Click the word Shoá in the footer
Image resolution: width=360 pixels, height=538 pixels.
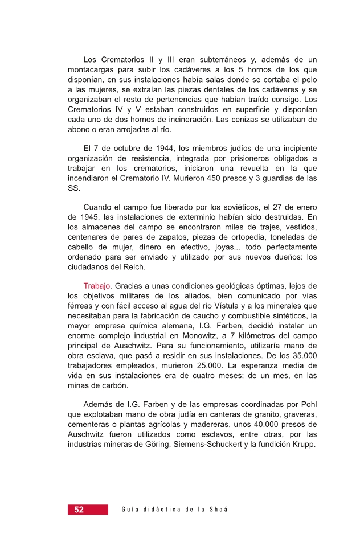pyautogui.click(x=219, y=510)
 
